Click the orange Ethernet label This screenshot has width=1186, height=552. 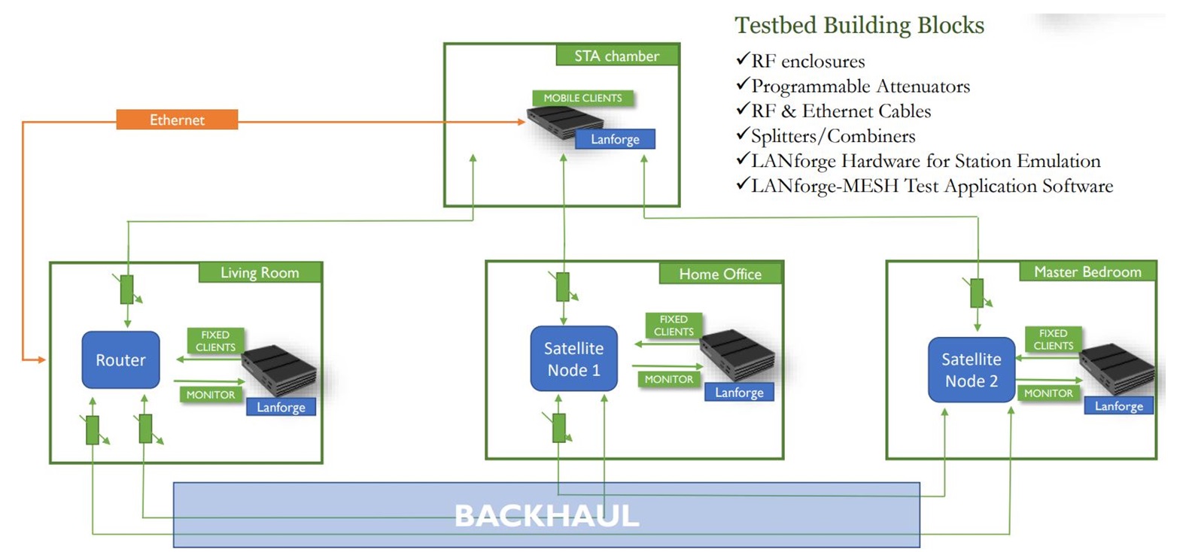177,120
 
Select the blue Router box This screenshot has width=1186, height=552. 120,360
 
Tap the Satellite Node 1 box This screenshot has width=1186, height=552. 573,359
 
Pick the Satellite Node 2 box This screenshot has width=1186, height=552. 971,370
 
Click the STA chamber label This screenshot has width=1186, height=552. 616,56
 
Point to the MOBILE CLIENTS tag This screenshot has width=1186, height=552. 582,98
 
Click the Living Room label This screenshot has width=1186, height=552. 260,272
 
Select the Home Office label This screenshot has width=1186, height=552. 720,274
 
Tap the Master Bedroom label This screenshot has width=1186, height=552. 1087,271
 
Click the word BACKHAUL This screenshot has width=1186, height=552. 546,516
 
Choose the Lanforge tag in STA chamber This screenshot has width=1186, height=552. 615,139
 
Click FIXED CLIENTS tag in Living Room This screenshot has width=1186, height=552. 215,341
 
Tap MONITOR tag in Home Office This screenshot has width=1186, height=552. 668,379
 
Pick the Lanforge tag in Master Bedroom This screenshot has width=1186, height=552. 1118,406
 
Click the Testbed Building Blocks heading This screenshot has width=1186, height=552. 859,25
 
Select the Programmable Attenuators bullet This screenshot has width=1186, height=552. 860,86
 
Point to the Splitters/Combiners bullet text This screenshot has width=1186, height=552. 833,136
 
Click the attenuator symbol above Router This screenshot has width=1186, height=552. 127,290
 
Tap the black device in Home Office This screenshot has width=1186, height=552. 736,354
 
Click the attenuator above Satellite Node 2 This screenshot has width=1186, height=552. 977,293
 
